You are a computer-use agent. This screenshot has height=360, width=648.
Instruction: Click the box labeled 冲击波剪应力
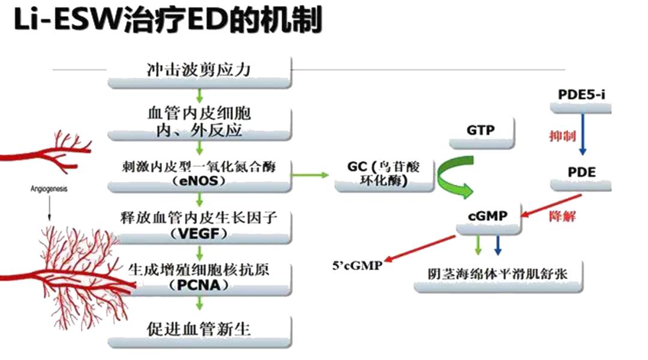point(199,70)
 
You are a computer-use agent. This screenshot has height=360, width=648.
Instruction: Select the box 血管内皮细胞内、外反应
point(199,121)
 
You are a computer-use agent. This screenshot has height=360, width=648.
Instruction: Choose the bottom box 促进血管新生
point(199,329)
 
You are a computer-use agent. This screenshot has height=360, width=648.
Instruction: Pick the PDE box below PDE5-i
point(581,172)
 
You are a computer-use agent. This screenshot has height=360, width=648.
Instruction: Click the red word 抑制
point(562,136)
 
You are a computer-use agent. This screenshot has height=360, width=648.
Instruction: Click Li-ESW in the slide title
point(63,21)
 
